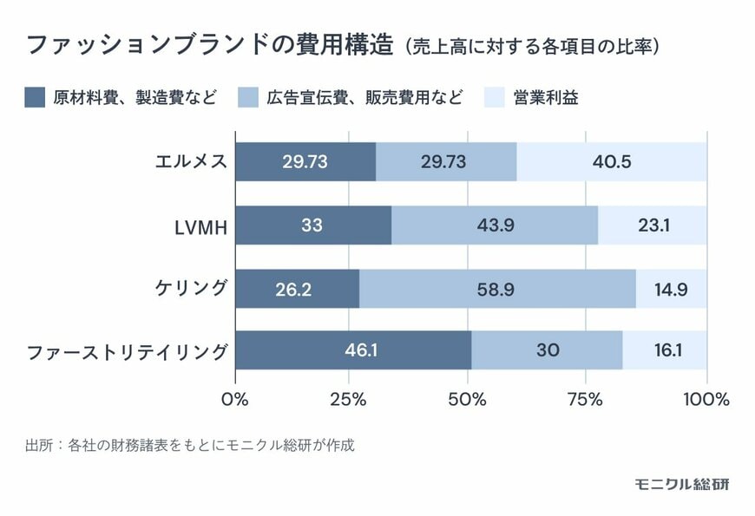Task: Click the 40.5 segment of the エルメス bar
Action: [x=612, y=162]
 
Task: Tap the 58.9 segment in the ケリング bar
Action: [x=497, y=288]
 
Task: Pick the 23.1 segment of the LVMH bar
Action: [x=653, y=225]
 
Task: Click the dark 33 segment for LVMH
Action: [x=313, y=225]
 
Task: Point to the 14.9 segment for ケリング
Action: [x=671, y=288]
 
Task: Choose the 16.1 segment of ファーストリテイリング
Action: [x=665, y=350]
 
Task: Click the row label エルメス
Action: [x=190, y=162]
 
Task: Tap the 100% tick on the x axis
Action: [x=706, y=399]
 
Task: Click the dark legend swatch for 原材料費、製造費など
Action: [x=35, y=97]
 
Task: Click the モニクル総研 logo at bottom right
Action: [x=681, y=484]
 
